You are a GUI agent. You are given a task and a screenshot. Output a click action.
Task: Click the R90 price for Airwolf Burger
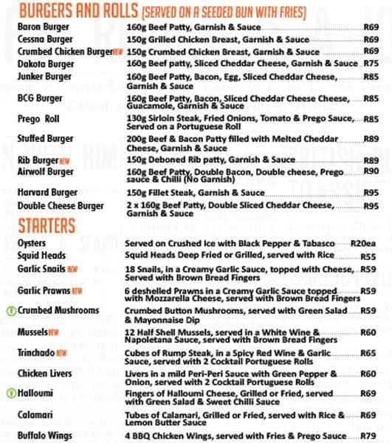(x=371, y=171)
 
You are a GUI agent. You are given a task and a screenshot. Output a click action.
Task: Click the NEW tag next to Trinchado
(x=62, y=354)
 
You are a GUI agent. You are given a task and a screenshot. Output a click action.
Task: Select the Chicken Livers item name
(x=44, y=374)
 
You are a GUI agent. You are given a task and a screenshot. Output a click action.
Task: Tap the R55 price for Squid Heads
(x=369, y=257)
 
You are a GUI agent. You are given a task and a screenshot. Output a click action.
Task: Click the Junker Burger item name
(x=44, y=76)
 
